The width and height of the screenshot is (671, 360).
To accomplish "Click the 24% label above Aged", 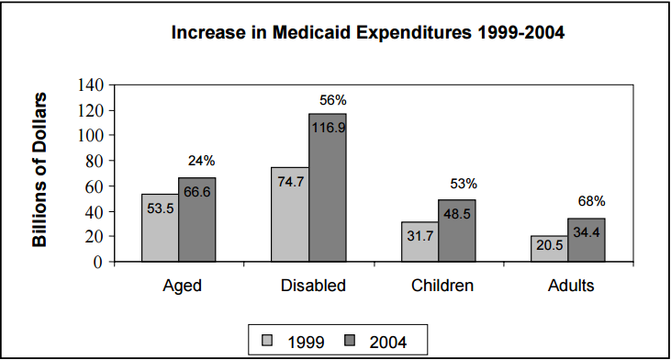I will [201, 160].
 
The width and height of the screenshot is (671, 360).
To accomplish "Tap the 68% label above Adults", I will [592, 201].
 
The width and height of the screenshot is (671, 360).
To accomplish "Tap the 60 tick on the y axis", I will [96, 186].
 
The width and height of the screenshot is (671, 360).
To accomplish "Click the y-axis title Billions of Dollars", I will [41, 170].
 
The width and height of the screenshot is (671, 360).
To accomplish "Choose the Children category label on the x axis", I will [442, 286].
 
